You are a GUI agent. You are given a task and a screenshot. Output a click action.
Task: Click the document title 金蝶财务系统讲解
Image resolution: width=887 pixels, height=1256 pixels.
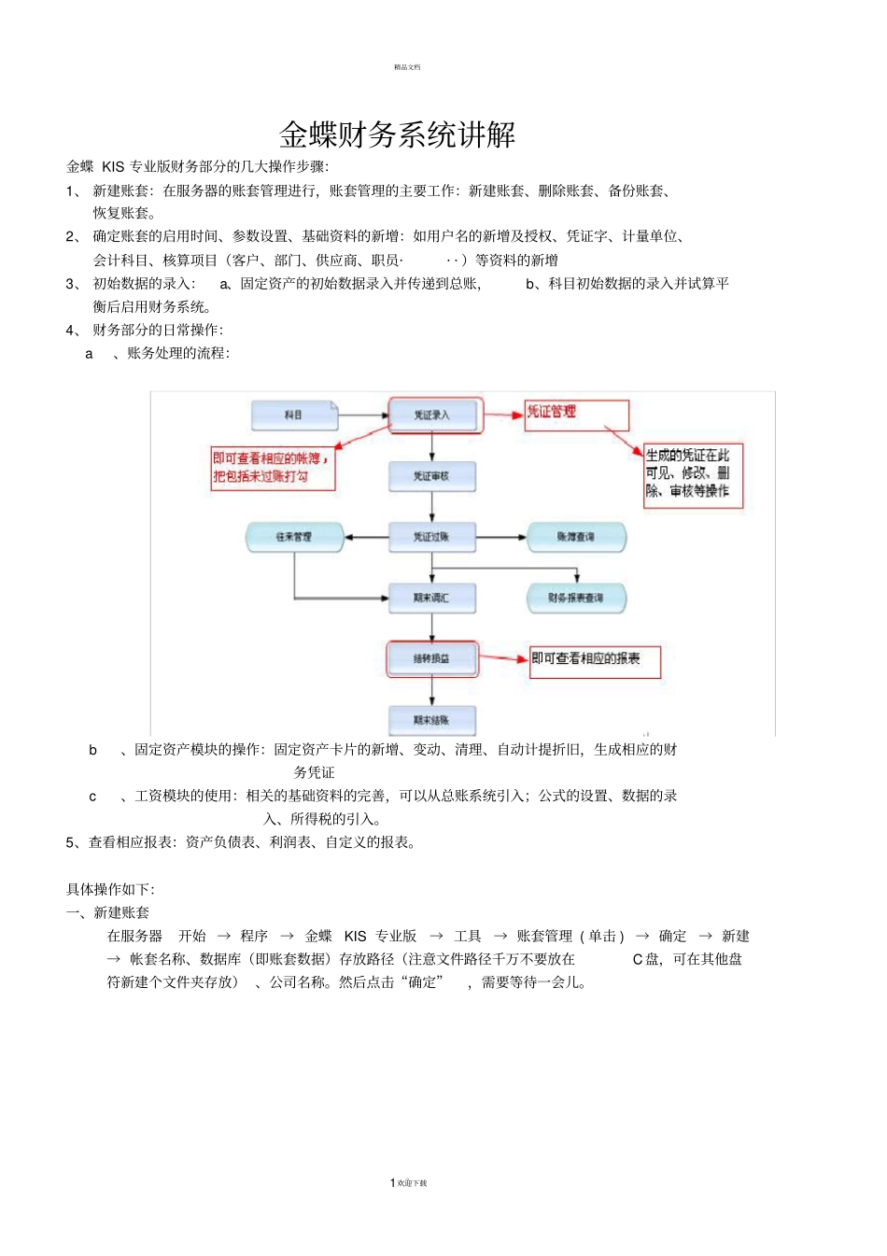pos(397,135)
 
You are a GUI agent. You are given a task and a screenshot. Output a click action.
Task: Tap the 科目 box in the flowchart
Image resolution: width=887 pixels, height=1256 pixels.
pos(293,416)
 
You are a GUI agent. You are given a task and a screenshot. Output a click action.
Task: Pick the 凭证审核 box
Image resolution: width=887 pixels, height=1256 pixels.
pos(432,476)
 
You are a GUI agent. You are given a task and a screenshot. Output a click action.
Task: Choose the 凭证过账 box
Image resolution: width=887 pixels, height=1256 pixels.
pos(432,537)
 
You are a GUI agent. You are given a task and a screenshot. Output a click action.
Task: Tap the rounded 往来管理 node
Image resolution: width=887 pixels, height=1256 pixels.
pos(294,537)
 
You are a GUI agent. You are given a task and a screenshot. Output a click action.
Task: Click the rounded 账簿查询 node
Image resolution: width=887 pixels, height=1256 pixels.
pos(575,537)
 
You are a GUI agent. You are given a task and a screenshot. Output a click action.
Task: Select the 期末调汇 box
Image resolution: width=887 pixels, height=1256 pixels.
pos(432,598)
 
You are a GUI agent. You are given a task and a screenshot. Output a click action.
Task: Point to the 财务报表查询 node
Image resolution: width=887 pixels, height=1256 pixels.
pos(575,598)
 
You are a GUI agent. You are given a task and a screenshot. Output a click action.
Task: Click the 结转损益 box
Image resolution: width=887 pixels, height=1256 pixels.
pos(432,658)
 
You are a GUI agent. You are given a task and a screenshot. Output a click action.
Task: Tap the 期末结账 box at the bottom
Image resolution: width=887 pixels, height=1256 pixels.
pos(432,720)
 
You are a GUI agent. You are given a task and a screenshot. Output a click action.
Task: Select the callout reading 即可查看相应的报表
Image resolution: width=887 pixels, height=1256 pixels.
pos(595,660)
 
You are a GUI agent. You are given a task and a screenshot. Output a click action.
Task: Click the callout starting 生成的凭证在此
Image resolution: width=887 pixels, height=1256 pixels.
pos(693,474)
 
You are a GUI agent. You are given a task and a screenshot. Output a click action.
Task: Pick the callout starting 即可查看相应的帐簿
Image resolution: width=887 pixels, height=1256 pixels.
pos(273,468)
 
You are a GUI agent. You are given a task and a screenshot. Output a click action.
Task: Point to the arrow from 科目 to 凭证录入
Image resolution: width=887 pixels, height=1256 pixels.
pos(362,416)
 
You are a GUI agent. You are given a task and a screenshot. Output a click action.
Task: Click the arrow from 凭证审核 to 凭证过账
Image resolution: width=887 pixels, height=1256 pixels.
pos(432,507)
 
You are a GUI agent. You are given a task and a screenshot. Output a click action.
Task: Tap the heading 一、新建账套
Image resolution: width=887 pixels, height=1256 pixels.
pos(108,912)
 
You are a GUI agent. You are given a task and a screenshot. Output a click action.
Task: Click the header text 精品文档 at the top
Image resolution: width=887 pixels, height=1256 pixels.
pos(407,67)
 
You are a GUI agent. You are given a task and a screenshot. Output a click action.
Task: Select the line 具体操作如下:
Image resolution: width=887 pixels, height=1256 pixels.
pos(110,889)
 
